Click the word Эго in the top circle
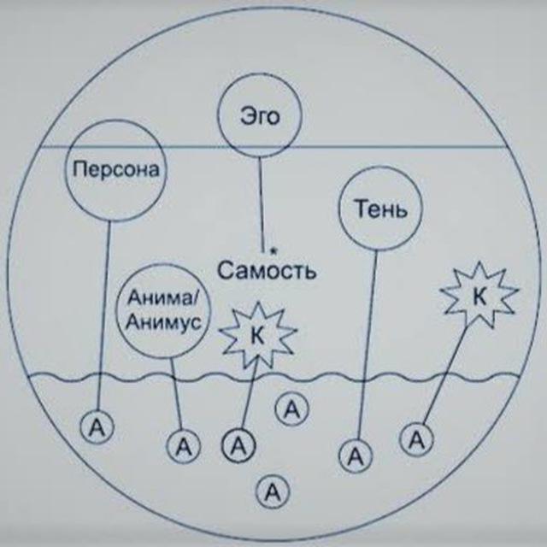pos(260,117)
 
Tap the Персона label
pos(116,170)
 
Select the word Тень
pos(381,209)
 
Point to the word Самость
pos(267,270)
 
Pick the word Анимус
pos(163,321)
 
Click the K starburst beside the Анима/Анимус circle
pos(258,335)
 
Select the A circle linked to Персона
pos(97,427)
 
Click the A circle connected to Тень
pos(356,456)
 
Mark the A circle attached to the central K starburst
pos(238,445)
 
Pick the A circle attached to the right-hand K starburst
pos(416,439)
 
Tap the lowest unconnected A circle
pos(273,492)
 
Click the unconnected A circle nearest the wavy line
pos(292,409)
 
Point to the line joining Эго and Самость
pos(261,204)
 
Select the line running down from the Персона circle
pos(103,315)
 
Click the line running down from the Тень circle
pos(368,344)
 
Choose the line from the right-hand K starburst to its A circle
pos(444,376)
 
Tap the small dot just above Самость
pos(274,250)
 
